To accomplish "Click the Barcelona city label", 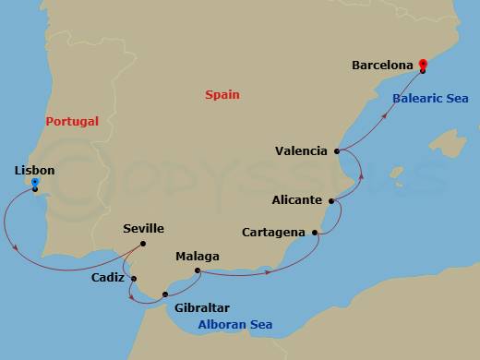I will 383,66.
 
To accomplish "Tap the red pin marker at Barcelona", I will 422,65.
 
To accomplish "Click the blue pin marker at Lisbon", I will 35,183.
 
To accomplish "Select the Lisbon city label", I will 35,171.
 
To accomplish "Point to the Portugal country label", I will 72,121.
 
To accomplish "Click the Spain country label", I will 224,94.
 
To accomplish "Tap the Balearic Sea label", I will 430,98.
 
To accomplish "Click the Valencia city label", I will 302,150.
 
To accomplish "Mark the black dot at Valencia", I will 337,150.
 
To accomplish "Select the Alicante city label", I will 297,199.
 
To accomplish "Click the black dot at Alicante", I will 331,199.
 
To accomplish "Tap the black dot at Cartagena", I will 317,232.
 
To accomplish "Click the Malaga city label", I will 198,256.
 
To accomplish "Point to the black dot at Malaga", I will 198,270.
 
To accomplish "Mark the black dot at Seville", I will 144,244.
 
